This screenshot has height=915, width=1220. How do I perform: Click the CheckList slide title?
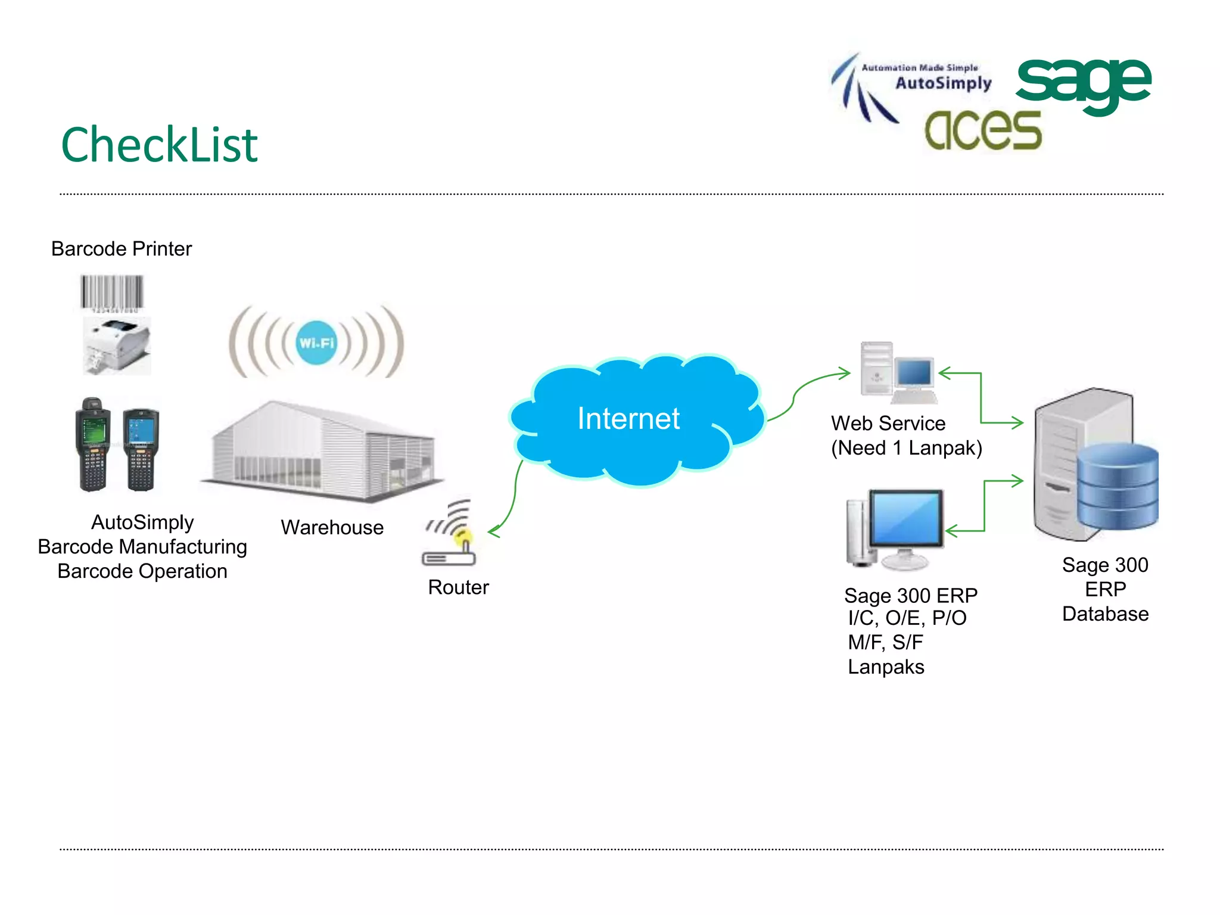[159, 145]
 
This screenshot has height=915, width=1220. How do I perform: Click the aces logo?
[983, 130]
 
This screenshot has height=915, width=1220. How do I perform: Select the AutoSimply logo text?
[943, 83]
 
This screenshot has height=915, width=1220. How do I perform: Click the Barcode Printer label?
[122, 248]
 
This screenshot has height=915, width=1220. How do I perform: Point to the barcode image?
[112, 292]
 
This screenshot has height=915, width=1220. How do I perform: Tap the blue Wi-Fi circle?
[316, 343]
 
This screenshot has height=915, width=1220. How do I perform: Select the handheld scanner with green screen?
[93, 444]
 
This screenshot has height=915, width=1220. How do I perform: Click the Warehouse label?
[332, 527]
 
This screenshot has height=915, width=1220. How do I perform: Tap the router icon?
[450, 536]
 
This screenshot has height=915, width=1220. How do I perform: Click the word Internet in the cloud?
[628, 418]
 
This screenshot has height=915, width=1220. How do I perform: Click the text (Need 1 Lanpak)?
[906, 448]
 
